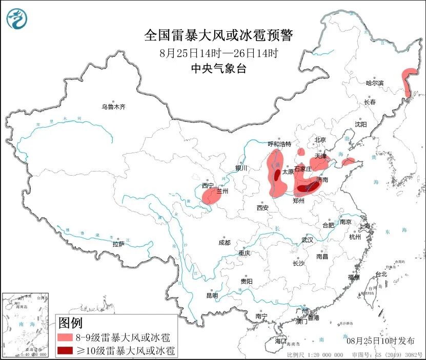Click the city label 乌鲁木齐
click(x=113, y=107)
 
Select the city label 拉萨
click(x=118, y=244)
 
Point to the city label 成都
click(x=224, y=242)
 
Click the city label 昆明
click(x=212, y=295)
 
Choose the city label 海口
click(x=280, y=341)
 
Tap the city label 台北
click(x=381, y=274)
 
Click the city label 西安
click(x=263, y=207)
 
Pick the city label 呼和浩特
click(x=279, y=144)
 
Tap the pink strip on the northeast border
click(x=408, y=82)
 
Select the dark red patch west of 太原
click(x=277, y=176)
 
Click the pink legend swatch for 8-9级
click(x=65, y=337)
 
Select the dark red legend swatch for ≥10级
click(x=65, y=351)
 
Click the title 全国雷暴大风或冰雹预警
click(x=218, y=35)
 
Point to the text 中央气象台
click(x=218, y=68)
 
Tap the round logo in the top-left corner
click(x=17, y=19)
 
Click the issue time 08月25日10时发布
click(x=380, y=340)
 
